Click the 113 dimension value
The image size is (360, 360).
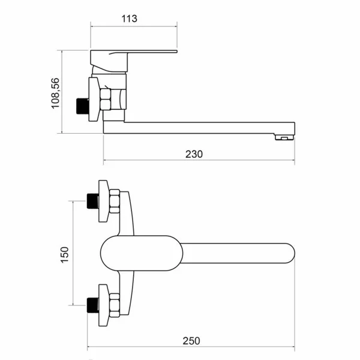129,19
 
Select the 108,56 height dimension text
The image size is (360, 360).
55,93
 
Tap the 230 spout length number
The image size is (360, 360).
194,154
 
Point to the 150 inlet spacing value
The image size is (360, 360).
65,254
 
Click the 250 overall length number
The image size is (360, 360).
191,341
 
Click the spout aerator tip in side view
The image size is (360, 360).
284,137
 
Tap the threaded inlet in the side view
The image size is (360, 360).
83,106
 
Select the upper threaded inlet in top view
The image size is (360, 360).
93,201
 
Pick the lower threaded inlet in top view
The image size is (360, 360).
93,305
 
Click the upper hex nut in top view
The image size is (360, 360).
115,201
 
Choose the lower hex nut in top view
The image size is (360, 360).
115,305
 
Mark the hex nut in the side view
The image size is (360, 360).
106,99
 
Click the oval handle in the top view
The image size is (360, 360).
142,253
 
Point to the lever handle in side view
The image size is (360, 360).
109,60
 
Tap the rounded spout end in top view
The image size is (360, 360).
290,253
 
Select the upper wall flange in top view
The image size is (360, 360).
103,201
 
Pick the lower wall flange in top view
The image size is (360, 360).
103,305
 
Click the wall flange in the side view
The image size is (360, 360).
94,99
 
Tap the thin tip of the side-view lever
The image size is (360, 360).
176,51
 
